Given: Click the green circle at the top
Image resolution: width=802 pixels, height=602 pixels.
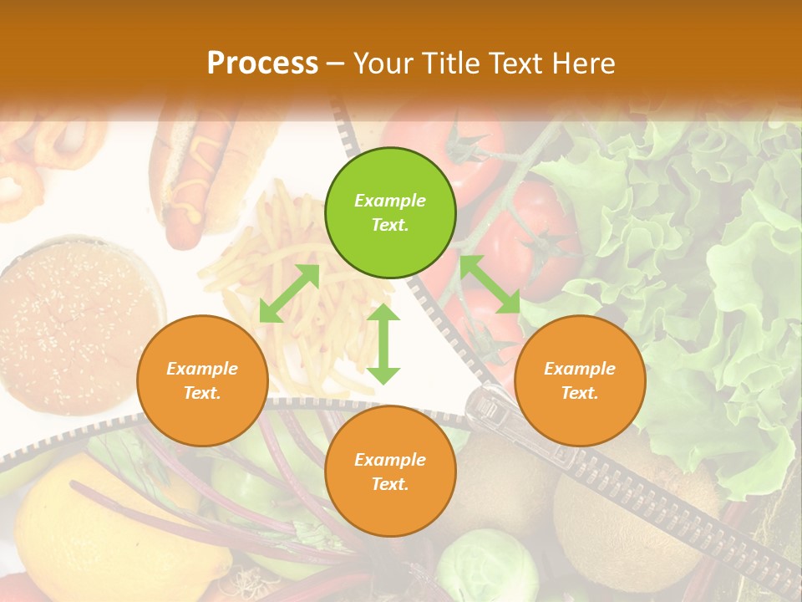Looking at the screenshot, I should (x=390, y=213).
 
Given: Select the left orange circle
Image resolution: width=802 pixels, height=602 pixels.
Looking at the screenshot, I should (x=202, y=380).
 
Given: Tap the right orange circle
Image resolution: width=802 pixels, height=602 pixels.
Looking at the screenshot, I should (x=580, y=380).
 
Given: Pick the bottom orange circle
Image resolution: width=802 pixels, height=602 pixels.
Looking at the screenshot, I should (x=390, y=471).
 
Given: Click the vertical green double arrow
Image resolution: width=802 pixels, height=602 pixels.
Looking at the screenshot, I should (x=383, y=344).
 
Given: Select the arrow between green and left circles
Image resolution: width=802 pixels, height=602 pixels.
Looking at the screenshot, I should (x=289, y=293).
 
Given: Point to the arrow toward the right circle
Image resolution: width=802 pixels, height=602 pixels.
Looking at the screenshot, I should (x=490, y=284).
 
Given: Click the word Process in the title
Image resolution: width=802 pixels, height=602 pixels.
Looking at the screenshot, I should (x=262, y=63).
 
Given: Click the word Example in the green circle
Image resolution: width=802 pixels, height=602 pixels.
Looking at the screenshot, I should (x=390, y=201).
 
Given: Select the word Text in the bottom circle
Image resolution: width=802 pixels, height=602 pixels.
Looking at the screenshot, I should (x=390, y=484).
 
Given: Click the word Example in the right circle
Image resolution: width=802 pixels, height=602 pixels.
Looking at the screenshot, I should (x=580, y=369).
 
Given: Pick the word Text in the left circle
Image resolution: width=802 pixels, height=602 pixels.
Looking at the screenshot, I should (x=202, y=393).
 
